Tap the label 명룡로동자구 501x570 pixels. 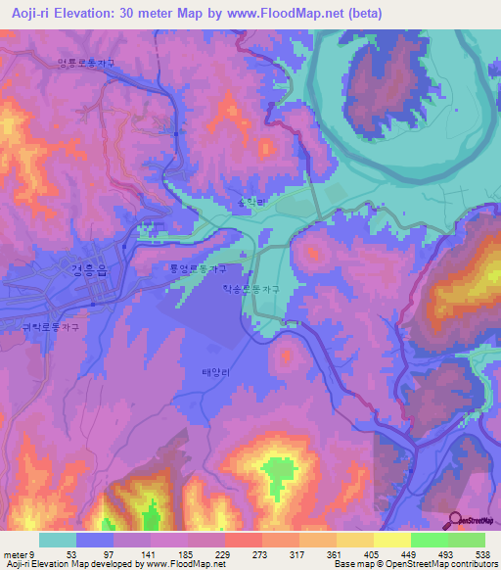[x=86, y=64]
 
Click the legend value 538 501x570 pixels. [x=480, y=553]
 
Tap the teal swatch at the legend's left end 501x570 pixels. [x=58, y=540]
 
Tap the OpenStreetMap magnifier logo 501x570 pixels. [x=456, y=519]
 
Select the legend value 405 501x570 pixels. [x=397, y=553]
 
